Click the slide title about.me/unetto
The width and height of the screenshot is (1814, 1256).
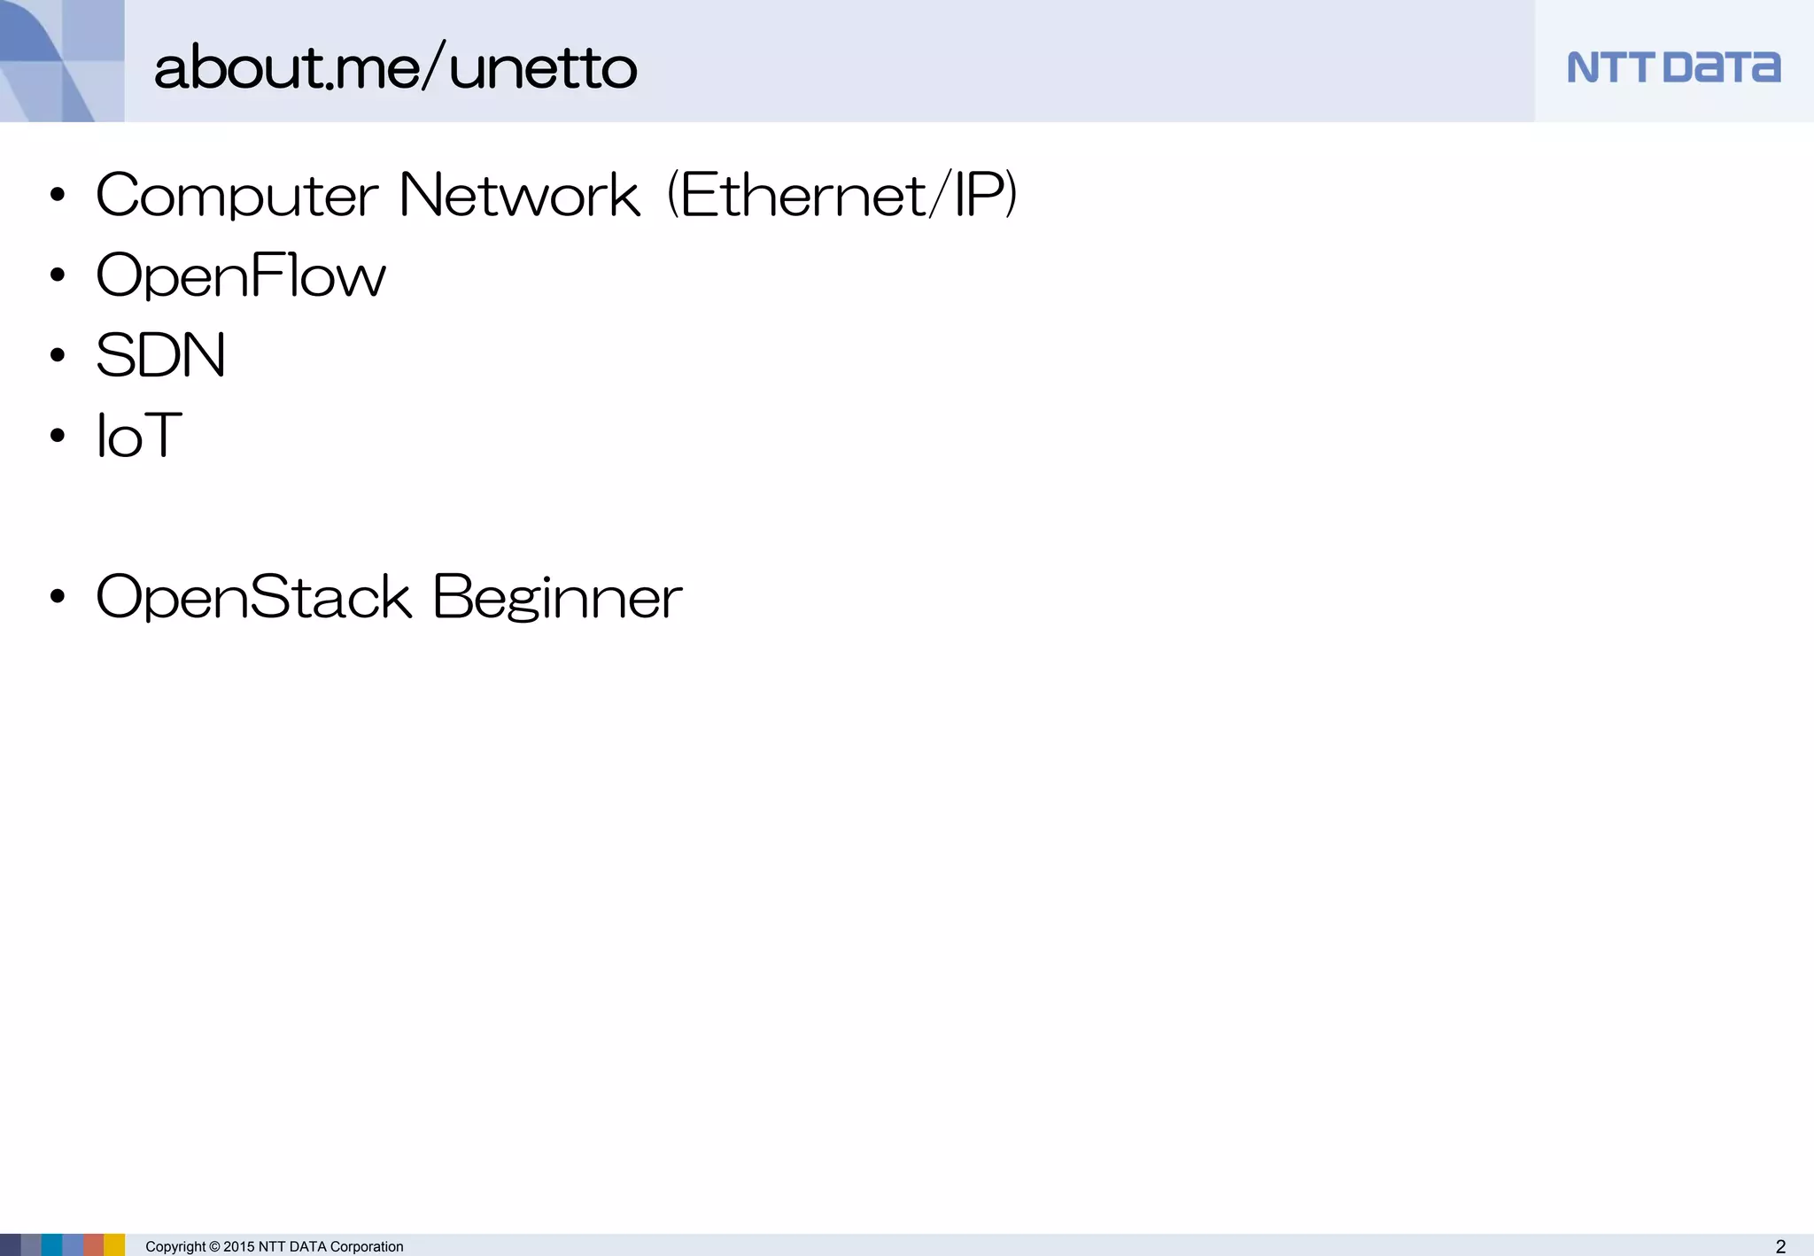[395, 67]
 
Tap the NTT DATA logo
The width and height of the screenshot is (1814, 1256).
[1673, 67]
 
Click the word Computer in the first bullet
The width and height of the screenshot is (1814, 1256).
[237, 196]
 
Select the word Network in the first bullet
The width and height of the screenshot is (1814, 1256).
[519, 195]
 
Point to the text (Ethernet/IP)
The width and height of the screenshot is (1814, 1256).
[841, 195]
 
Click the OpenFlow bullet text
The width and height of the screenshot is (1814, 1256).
[241, 276]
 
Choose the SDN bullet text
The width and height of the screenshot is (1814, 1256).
[160, 356]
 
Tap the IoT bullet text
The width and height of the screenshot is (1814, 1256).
[139, 436]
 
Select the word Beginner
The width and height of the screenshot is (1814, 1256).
[558, 597]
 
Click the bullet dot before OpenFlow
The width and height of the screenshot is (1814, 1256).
[58, 275]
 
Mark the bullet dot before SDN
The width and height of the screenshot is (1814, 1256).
[58, 356]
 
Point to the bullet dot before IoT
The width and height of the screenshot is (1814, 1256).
[58, 436]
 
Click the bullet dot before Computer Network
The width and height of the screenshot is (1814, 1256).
[58, 195]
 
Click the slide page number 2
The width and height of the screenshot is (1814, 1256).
[1780, 1246]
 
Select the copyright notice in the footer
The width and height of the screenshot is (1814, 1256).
[275, 1246]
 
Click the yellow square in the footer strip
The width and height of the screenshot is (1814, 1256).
[115, 1245]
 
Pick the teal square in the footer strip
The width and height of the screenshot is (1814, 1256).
[51, 1245]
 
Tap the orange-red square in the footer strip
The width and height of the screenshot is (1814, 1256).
[94, 1245]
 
